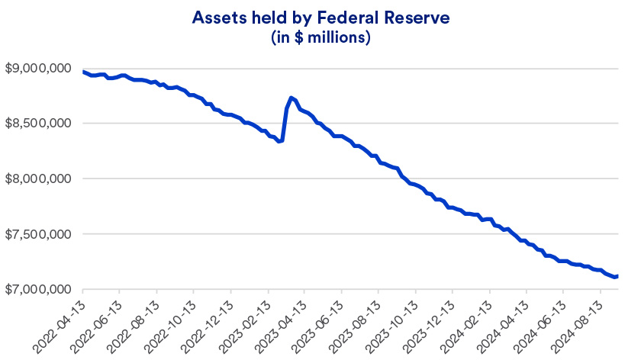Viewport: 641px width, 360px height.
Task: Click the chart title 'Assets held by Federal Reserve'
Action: point(320,17)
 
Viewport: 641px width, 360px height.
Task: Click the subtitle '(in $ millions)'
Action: point(320,37)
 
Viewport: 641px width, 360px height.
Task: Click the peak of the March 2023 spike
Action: point(292,98)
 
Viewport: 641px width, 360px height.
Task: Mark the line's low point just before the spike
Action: point(280,141)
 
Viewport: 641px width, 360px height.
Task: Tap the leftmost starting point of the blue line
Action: point(82,72)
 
